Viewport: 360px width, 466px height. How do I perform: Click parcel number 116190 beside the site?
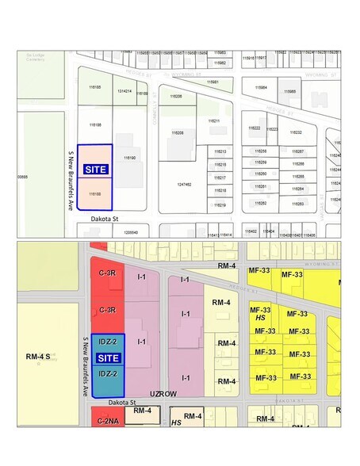point(131,159)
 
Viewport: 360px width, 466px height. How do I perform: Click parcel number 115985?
point(289,91)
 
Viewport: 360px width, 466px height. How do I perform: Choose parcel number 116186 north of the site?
point(94,125)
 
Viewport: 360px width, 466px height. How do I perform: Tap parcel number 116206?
point(175,96)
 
